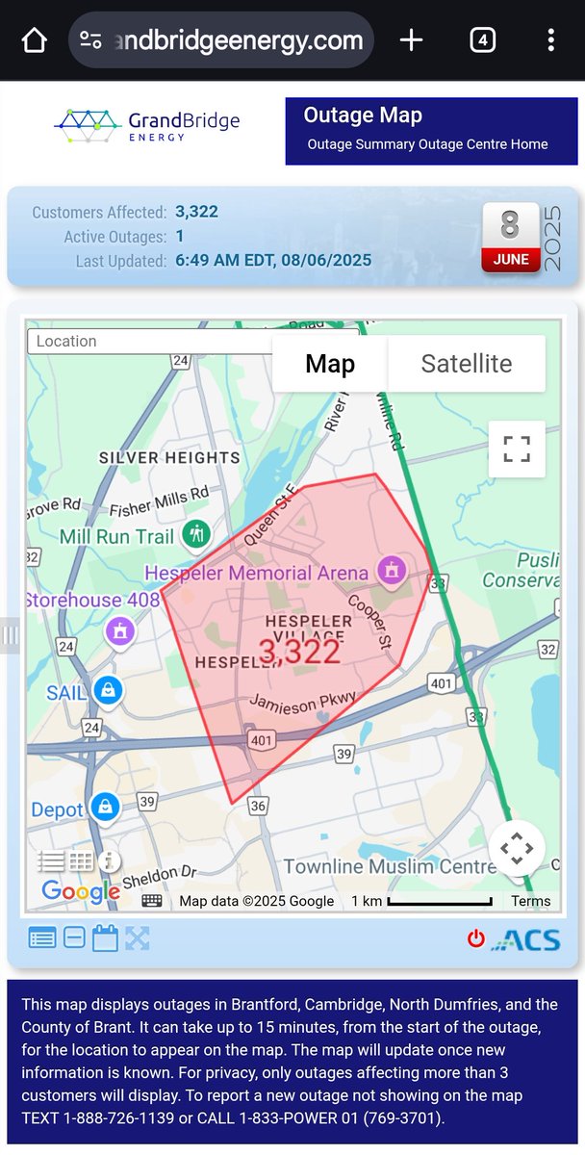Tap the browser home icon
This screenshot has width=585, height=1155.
click(34, 40)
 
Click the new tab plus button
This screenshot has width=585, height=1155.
click(411, 40)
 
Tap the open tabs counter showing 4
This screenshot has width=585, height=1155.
click(482, 40)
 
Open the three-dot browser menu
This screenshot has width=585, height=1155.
click(550, 40)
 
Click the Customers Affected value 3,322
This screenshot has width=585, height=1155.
click(196, 212)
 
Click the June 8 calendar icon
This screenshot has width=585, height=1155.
click(510, 237)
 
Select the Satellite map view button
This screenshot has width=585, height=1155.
click(467, 364)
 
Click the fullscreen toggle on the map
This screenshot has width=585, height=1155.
click(517, 449)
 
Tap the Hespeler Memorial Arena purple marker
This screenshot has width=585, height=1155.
click(391, 572)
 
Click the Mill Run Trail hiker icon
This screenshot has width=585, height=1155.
click(197, 534)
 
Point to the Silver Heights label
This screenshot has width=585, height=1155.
click(169, 458)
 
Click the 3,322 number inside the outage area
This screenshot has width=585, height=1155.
click(299, 652)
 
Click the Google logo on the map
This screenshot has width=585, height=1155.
click(81, 892)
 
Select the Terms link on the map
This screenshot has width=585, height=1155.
click(531, 902)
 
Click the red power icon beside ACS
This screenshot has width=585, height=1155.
click(475, 938)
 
